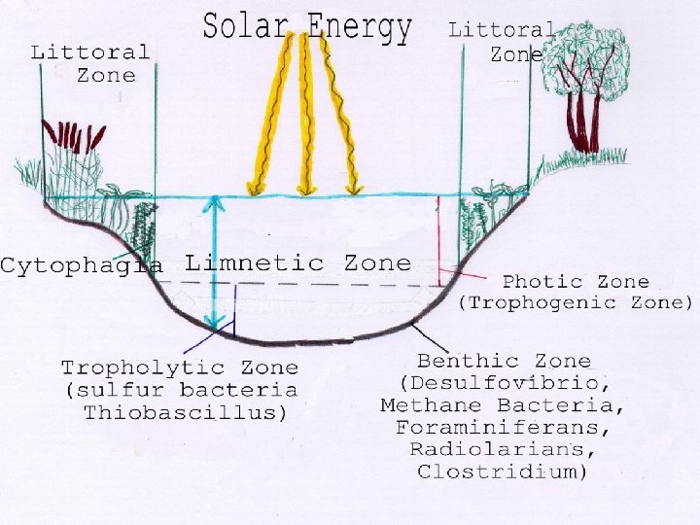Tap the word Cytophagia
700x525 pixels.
(x=82, y=264)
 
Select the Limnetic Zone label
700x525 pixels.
(x=297, y=262)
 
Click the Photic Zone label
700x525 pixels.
(x=576, y=282)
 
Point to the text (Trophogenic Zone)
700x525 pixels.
(x=576, y=302)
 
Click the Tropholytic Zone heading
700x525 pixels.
(x=180, y=367)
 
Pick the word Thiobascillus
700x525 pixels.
(x=185, y=412)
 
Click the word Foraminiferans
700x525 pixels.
(x=504, y=427)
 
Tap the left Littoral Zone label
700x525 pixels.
(x=90, y=62)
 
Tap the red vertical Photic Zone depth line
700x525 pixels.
(x=438, y=243)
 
